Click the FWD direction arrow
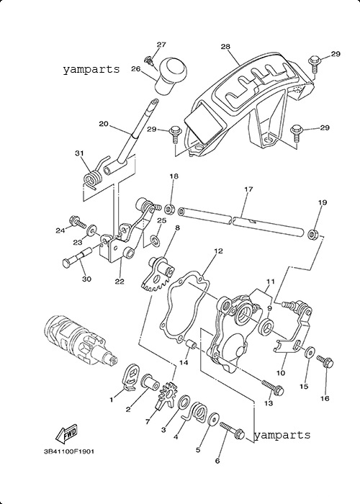[67, 433]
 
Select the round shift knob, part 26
[171, 76]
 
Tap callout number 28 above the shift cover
[225, 47]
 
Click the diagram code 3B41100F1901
[69, 451]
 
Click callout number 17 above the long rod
[248, 189]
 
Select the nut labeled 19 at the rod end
[312, 234]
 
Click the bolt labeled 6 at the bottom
[232, 431]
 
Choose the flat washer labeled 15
[310, 352]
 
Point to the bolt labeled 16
[325, 362]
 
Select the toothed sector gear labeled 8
[158, 272]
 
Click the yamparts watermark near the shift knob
[91, 69]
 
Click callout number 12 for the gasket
[218, 251]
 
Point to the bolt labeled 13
[273, 387]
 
